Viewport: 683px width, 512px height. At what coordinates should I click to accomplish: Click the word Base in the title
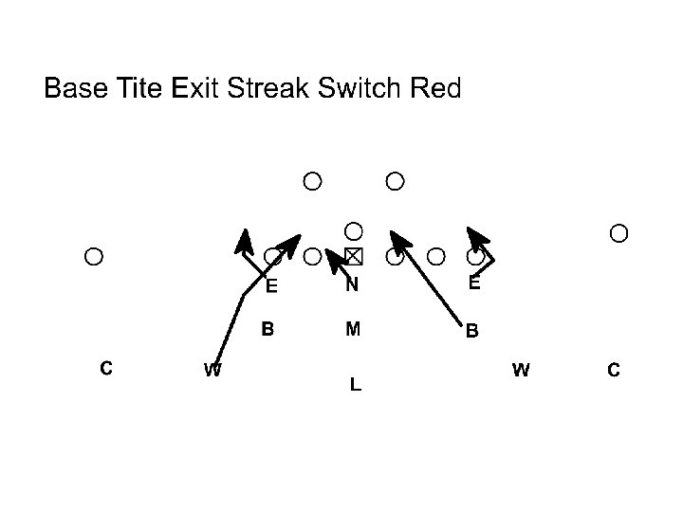click(x=76, y=90)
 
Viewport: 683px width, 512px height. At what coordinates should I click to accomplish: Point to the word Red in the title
click(x=435, y=90)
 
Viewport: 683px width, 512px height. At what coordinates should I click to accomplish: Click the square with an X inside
click(x=354, y=256)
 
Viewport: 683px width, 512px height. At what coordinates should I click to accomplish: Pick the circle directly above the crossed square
click(x=353, y=230)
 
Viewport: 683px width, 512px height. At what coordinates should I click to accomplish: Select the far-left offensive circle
click(x=93, y=255)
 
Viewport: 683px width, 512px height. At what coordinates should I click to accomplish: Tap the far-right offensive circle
click(x=619, y=232)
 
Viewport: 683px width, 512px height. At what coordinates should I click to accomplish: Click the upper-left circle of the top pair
click(x=312, y=180)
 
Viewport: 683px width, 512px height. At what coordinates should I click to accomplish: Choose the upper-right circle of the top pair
click(x=396, y=180)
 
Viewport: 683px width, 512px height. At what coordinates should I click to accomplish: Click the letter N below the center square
click(x=352, y=283)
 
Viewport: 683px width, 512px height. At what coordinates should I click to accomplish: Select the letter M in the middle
click(x=353, y=330)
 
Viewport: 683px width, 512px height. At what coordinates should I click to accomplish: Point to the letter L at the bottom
click(x=354, y=385)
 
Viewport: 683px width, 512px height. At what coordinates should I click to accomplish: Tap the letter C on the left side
click(x=107, y=367)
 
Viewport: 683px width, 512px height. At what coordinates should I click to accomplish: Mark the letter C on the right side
click(x=614, y=371)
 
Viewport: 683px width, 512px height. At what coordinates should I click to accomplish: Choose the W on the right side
click(x=521, y=370)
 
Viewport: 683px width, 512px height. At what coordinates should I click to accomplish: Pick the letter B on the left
click(x=268, y=330)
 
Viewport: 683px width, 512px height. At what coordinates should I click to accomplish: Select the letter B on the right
click(x=471, y=332)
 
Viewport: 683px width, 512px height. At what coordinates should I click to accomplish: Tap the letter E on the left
click(x=271, y=285)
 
